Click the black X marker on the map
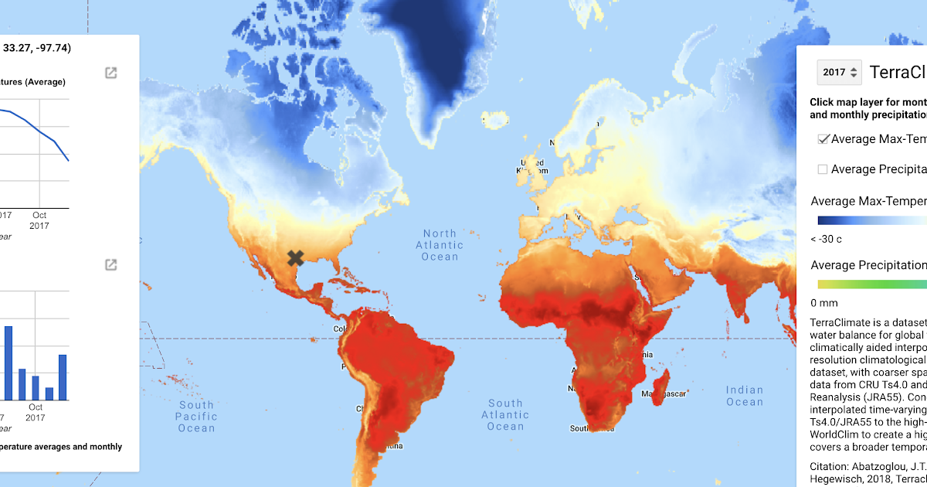tap(295, 258)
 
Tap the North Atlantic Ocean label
tap(440, 245)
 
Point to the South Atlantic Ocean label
tap(505, 414)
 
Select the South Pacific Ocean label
tap(196, 416)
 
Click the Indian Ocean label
tap(744, 396)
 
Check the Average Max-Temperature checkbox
tap(823, 139)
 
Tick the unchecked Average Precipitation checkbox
tap(823, 169)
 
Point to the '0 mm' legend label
tap(823, 303)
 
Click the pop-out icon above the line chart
tap(111, 73)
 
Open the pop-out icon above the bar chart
tap(111, 265)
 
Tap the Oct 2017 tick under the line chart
tap(39, 220)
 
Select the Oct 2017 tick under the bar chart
tap(36, 412)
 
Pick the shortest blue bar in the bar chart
tap(49, 393)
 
